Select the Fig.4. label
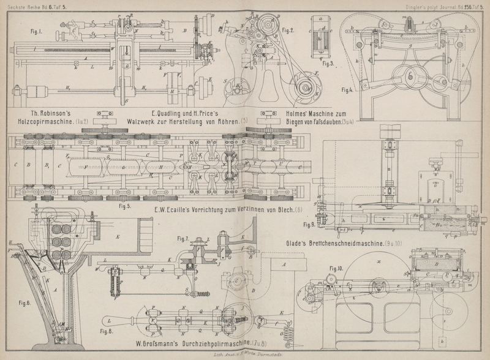point(346,89)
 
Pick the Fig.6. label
point(25,303)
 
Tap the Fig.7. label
point(183,238)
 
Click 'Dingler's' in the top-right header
point(420,7)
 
